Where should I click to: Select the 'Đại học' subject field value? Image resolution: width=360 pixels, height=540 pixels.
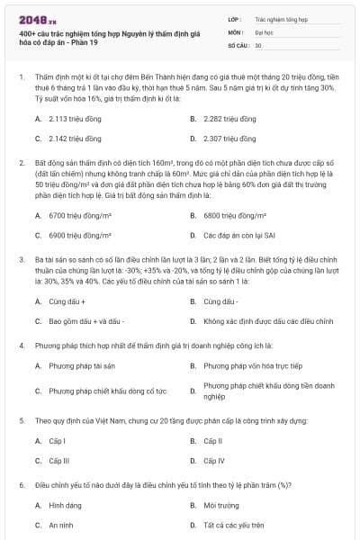(x=265, y=31)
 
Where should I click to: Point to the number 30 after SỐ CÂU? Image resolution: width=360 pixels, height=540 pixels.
(x=258, y=45)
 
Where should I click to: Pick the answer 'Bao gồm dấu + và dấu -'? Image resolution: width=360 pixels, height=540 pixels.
(x=86, y=320)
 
